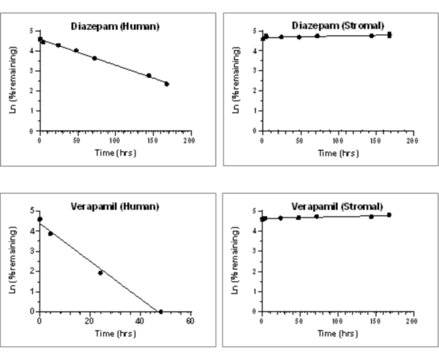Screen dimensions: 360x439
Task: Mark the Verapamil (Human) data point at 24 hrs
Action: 100,273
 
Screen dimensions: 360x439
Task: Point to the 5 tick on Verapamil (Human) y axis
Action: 31,211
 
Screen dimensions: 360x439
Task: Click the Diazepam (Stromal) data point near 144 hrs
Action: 371,36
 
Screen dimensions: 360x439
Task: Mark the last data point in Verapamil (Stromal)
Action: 389,215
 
